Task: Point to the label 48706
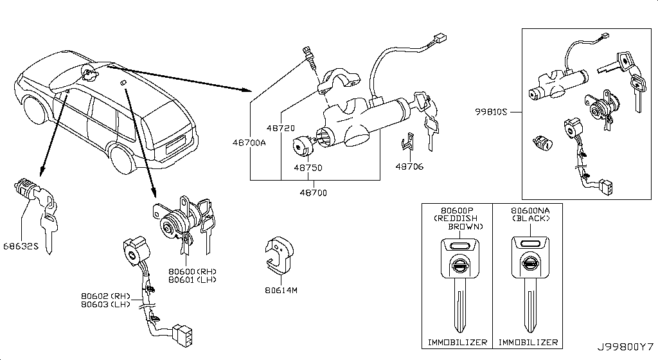[409, 167]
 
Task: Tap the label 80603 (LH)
[105, 304]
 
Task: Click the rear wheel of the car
[122, 159]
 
